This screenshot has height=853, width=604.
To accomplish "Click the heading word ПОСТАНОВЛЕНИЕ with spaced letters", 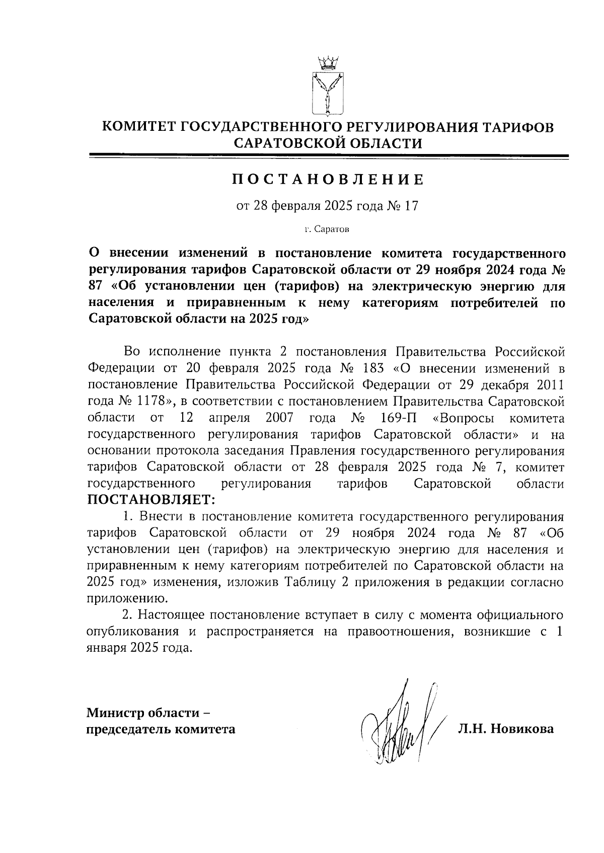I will [x=328, y=179].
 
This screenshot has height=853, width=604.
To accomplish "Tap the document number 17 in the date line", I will [x=411, y=206].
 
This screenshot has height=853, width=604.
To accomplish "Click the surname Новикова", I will [x=522, y=729].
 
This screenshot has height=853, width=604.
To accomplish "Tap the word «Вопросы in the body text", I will [x=463, y=418].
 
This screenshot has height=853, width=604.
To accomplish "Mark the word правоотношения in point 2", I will [x=399, y=632].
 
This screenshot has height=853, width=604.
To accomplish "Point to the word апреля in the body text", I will [x=230, y=418].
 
